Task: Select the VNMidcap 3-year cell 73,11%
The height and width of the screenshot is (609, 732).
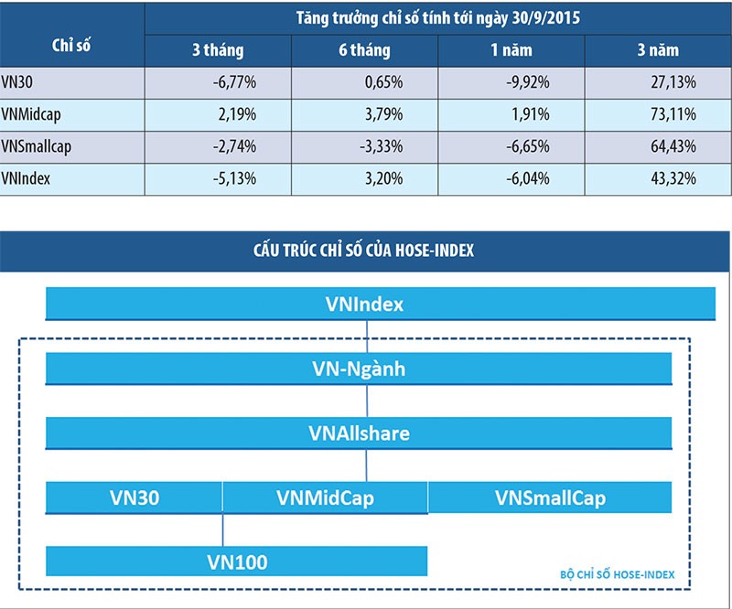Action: click(x=672, y=114)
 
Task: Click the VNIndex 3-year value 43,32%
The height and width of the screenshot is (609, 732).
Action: click(x=672, y=178)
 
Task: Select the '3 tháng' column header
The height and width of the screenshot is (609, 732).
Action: click(x=218, y=50)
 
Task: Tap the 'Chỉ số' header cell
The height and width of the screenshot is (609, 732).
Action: click(x=71, y=43)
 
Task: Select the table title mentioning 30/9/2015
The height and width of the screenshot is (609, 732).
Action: click(x=437, y=17)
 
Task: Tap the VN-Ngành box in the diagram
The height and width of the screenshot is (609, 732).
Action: click(x=359, y=369)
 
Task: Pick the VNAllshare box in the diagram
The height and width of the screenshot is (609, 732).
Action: click(x=359, y=433)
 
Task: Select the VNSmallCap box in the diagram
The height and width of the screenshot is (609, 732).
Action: click(x=550, y=497)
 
